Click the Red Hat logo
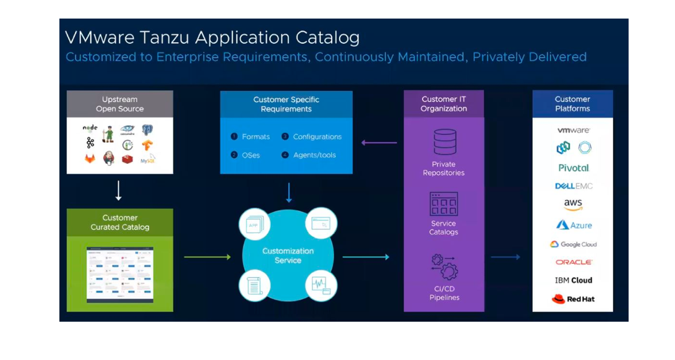pyautogui.click(x=573, y=299)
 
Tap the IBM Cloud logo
pyautogui.click(x=573, y=280)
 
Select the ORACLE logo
pyautogui.click(x=574, y=262)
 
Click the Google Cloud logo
pyautogui.click(x=573, y=244)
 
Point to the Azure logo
pyautogui.click(x=574, y=225)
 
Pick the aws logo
pyautogui.click(x=573, y=205)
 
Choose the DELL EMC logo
pyautogui.click(x=574, y=186)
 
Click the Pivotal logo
pyautogui.click(x=574, y=168)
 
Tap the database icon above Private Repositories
pyautogui.click(x=444, y=142)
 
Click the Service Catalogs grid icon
pyautogui.click(x=444, y=204)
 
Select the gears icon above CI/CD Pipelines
pyautogui.click(x=444, y=267)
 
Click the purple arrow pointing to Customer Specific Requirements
pyautogui.click(x=379, y=143)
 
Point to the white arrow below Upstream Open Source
pyautogui.click(x=119, y=191)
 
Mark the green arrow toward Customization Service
pyautogui.click(x=207, y=257)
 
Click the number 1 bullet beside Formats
pyautogui.click(x=234, y=137)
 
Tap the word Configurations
pyautogui.click(x=317, y=137)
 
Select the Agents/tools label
pyautogui.click(x=314, y=155)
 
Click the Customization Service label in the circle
pyautogui.click(x=288, y=255)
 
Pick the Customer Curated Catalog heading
pyautogui.click(x=120, y=222)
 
